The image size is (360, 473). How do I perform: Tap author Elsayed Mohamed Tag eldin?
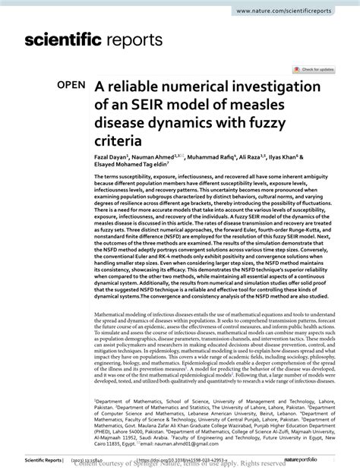coord(130,163)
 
